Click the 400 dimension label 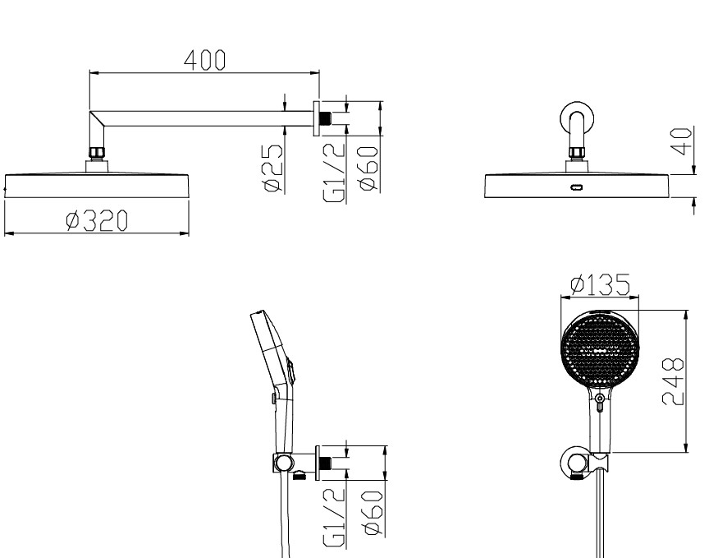[204, 60]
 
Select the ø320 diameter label [97, 220]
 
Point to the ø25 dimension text [273, 168]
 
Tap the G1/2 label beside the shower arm [334, 173]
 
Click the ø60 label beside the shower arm [369, 168]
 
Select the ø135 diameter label [601, 284]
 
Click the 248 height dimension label [674, 381]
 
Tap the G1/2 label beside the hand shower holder [334, 517]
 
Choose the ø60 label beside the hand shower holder [373, 513]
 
